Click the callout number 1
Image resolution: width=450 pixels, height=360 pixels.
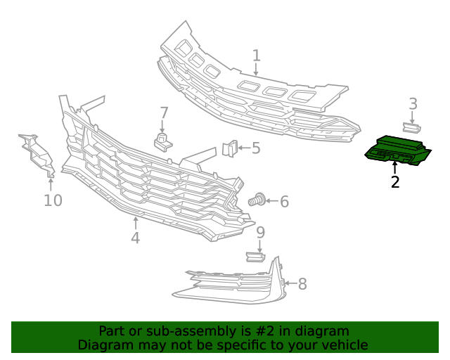[x=257, y=56]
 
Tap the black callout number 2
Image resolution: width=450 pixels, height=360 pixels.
[x=395, y=182]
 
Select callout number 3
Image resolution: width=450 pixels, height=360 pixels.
[x=413, y=104]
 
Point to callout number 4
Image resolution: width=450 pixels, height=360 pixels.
[x=135, y=238]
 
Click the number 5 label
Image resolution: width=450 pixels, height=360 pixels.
[x=256, y=148]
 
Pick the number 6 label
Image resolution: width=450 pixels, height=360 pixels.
[x=284, y=202]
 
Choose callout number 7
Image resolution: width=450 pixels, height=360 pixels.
[x=164, y=112]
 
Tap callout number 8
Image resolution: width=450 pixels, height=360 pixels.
[x=302, y=284]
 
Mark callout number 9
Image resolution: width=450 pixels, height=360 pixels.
[x=260, y=232]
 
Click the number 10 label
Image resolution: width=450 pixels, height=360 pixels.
[x=53, y=200]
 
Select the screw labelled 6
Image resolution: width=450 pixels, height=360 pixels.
[x=258, y=200]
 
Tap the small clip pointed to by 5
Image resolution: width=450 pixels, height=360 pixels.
[x=229, y=148]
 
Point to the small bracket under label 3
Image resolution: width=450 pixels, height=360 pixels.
[x=411, y=127]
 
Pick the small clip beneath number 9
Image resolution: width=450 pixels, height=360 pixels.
[x=255, y=256]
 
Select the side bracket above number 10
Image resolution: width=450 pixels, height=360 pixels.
[x=37, y=155]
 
